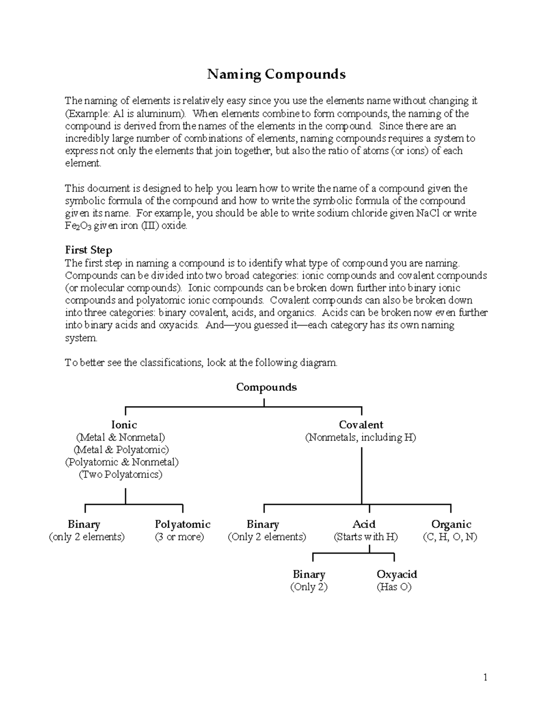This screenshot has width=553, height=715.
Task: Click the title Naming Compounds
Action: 276,74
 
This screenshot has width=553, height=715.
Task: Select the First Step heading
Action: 88,250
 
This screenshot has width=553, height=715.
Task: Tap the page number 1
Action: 485,677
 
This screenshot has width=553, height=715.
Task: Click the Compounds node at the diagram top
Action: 266,387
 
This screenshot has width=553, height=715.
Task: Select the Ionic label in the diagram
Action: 124,424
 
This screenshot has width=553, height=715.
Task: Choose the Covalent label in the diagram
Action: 361,424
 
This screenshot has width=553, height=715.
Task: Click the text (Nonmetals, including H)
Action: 360,437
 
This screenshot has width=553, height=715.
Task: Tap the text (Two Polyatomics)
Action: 121,475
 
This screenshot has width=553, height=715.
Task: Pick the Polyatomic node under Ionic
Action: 182,524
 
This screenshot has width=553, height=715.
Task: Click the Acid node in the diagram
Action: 364,524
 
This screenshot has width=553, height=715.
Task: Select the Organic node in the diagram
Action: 451,524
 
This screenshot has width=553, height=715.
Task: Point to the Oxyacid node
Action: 397,574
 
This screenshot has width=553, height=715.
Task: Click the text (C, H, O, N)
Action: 450,537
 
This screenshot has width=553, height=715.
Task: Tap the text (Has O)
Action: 394,587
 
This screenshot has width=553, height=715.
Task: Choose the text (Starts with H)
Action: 366,537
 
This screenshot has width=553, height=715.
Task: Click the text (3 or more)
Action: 179,537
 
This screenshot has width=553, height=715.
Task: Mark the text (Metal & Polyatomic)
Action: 121,450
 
